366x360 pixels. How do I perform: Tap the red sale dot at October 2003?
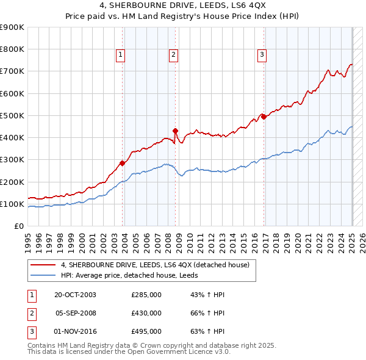pos(123,163)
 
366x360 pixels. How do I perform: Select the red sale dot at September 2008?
pos(175,131)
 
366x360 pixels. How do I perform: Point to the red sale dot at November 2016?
pos(264,116)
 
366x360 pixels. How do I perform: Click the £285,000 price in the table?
pos(146,295)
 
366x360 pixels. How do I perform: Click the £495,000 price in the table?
pos(146,331)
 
